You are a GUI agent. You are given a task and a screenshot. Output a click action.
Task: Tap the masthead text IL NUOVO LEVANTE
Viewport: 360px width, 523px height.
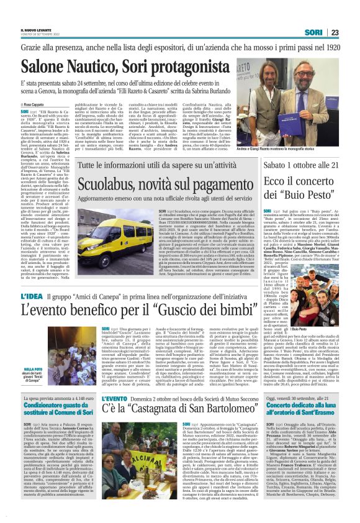coord(36,29)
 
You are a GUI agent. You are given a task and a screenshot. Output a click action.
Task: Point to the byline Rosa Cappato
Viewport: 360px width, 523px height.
coord(38,106)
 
